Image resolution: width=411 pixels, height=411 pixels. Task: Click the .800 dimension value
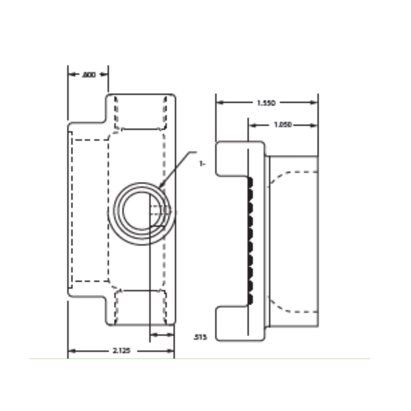tap(89, 75)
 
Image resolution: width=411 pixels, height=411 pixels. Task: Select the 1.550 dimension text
tap(266, 103)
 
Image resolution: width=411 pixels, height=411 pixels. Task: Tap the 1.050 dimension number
tap(282, 125)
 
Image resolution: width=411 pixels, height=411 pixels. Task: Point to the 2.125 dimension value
tap(121, 351)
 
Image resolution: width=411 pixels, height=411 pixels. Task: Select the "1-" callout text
tap(202, 164)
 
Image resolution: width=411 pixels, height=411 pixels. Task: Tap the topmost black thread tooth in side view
tap(251, 183)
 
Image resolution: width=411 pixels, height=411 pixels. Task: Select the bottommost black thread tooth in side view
tap(251, 299)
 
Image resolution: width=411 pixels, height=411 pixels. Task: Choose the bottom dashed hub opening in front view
tap(140, 307)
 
